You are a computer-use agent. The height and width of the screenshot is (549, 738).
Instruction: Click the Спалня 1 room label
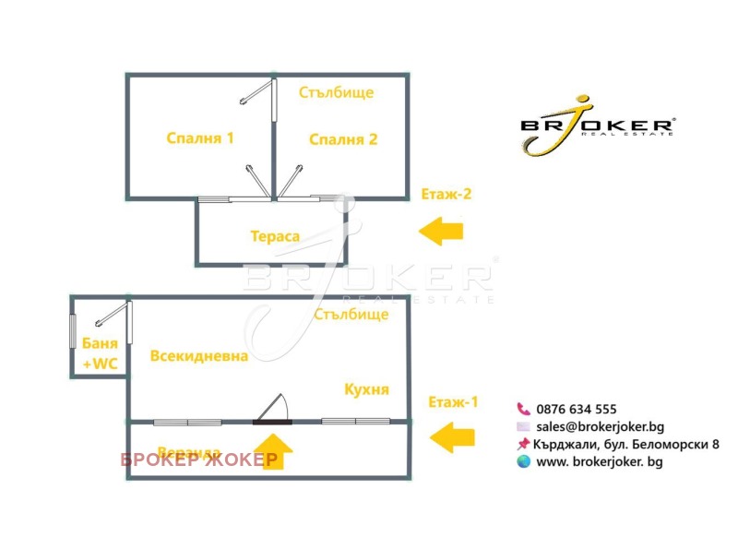tap(200, 138)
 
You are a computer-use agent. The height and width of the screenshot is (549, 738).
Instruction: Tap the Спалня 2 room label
tap(343, 140)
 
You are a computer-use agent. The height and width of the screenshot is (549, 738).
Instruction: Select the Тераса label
tap(275, 236)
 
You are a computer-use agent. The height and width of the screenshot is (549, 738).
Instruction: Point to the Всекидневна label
tap(198, 356)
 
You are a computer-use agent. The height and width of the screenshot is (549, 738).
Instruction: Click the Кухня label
tap(366, 389)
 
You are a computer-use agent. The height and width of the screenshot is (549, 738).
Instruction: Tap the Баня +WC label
tap(100, 353)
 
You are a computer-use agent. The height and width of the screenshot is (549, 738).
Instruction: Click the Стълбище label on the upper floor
tap(338, 92)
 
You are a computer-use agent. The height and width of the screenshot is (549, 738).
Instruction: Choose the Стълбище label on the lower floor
tap(351, 315)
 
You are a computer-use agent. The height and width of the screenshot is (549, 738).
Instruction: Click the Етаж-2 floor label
tap(446, 194)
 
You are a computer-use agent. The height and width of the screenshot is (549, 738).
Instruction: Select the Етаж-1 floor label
tap(454, 402)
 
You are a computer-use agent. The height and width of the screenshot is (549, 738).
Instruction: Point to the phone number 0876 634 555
tap(576, 409)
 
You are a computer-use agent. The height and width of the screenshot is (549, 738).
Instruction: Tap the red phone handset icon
tap(523, 409)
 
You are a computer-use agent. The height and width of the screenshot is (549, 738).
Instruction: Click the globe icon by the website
tap(523, 461)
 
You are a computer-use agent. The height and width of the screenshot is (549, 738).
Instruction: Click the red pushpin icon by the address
tap(523, 444)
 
